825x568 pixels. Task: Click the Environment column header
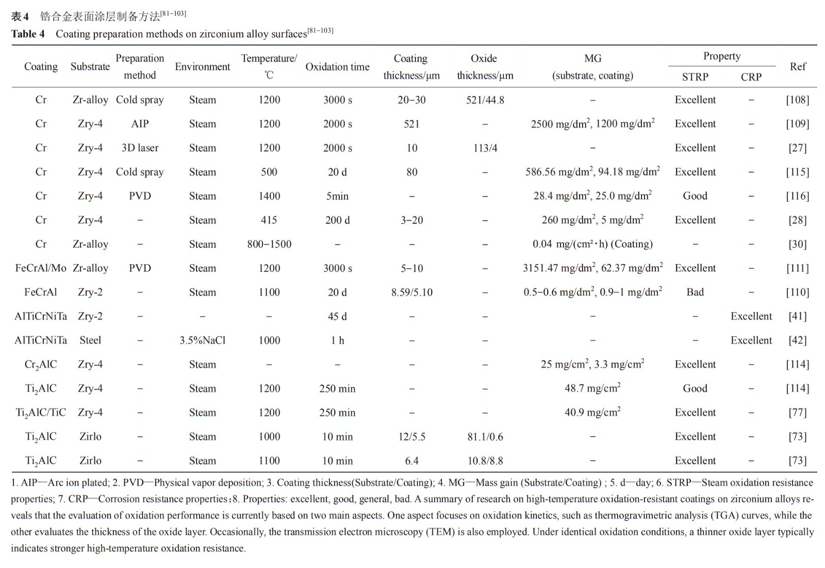(x=202, y=67)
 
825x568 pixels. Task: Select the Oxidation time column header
(x=337, y=67)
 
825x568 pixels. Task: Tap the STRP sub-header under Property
(x=695, y=77)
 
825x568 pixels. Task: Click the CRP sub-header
(x=751, y=77)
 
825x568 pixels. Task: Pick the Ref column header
(x=797, y=67)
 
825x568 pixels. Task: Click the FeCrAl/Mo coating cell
(x=41, y=268)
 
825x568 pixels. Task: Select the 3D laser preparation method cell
(x=140, y=148)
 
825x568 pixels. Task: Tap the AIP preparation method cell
(x=140, y=124)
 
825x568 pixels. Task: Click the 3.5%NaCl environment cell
(x=202, y=340)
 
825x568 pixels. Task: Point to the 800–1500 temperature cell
(x=269, y=244)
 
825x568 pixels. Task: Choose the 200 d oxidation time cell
(x=337, y=220)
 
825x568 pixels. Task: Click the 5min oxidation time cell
(x=337, y=196)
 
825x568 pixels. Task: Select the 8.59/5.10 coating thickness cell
(x=411, y=293)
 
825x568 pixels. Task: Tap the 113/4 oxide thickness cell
(x=485, y=148)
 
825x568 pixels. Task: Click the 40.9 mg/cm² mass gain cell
(x=592, y=413)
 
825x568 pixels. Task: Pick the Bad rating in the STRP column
(x=695, y=293)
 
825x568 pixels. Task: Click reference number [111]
(x=797, y=268)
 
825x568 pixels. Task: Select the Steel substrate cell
(x=90, y=340)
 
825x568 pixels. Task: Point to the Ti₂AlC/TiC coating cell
(x=41, y=413)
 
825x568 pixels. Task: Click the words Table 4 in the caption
(x=28, y=34)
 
